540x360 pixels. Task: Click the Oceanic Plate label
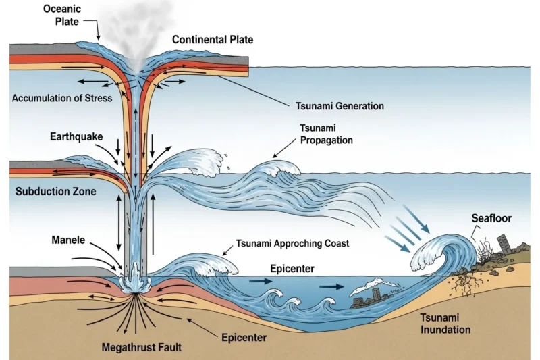[61, 16]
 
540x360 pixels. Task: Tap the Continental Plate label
[213, 40]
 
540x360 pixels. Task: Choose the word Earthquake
[76, 137]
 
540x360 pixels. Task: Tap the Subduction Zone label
[55, 192]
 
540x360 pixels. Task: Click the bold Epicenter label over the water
[292, 269]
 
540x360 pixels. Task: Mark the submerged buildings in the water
[368, 295]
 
